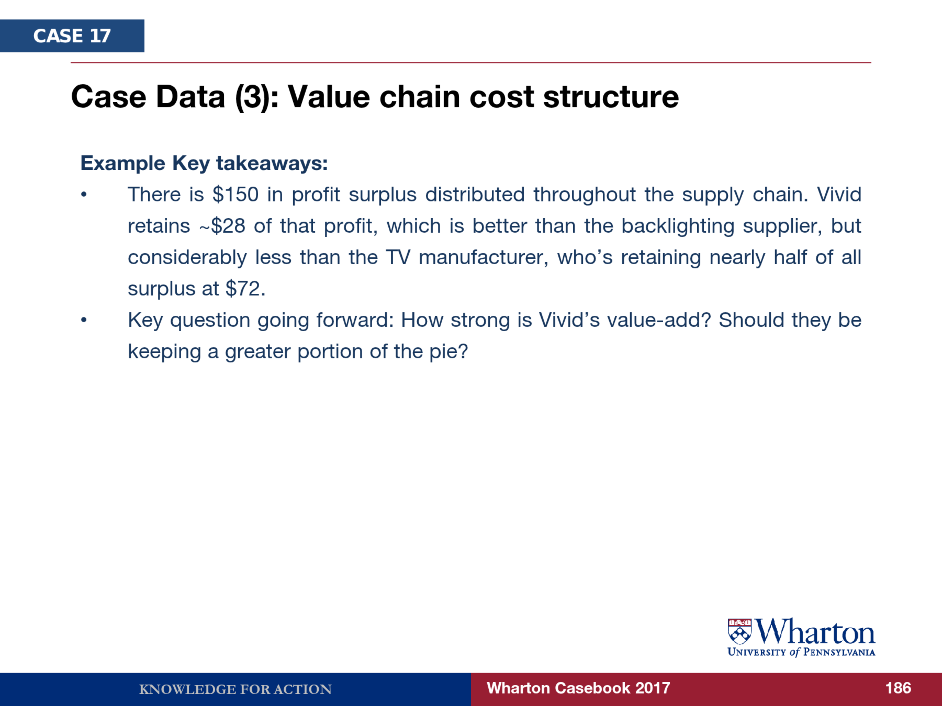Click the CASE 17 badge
72,36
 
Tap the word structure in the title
611,97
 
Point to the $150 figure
235,195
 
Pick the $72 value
245,289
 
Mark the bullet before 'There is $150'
84,195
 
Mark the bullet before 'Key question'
84,320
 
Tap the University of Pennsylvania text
801,652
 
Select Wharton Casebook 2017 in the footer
578,688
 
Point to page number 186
898,688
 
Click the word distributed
475,195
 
